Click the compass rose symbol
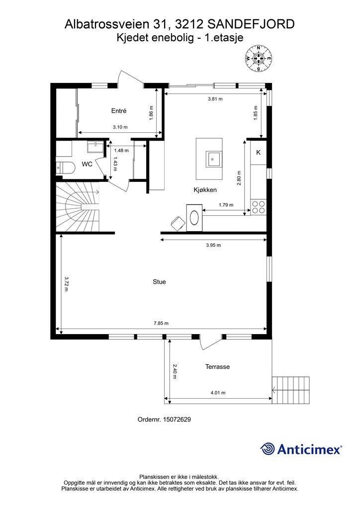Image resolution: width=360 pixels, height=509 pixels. [259, 59]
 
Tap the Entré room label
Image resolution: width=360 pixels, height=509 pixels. [119, 111]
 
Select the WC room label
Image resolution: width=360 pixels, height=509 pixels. [87, 164]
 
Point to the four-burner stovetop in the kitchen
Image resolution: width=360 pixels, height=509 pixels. [259, 207]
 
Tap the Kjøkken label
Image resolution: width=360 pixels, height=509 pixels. [205, 190]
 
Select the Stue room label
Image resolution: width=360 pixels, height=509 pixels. [160, 282]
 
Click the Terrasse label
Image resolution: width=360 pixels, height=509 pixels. [217, 367]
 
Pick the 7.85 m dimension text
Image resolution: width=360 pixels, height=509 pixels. [161, 323]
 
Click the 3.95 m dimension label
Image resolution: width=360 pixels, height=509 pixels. [213, 245]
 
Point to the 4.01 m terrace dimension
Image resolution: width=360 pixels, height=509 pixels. [218, 393]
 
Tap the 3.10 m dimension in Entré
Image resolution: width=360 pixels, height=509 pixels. [120, 127]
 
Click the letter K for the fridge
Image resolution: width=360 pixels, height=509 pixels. [259, 153]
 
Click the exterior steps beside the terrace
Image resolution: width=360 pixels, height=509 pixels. [290, 390]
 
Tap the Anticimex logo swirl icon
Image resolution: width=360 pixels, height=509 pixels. [268, 449]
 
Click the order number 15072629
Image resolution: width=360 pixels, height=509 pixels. [177, 420]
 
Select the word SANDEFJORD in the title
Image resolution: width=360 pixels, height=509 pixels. [251, 24]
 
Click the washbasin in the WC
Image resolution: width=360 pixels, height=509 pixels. [95, 147]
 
